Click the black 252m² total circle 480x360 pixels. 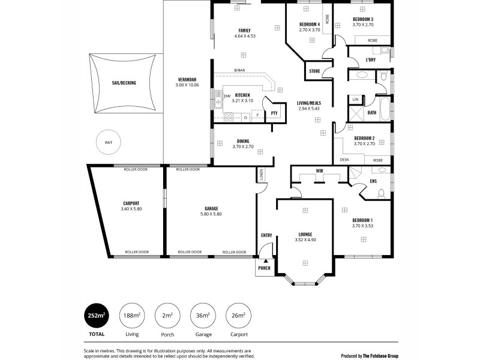coord(97,316)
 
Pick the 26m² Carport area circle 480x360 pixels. coord(239,316)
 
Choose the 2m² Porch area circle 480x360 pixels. coord(167,316)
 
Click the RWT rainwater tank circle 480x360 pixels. coord(108,142)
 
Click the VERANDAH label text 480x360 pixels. coord(187,80)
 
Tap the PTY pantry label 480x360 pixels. coord(274,113)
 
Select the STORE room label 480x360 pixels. coord(314,71)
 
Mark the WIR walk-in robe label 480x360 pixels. coord(319,172)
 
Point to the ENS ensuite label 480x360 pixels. coord(373,181)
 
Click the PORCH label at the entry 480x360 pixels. coord(264,268)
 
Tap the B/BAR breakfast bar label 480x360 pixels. coord(239,70)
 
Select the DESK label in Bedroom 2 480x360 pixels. coord(344,160)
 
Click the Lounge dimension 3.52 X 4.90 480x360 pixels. coord(305,240)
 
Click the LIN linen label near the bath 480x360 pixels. coord(355,99)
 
